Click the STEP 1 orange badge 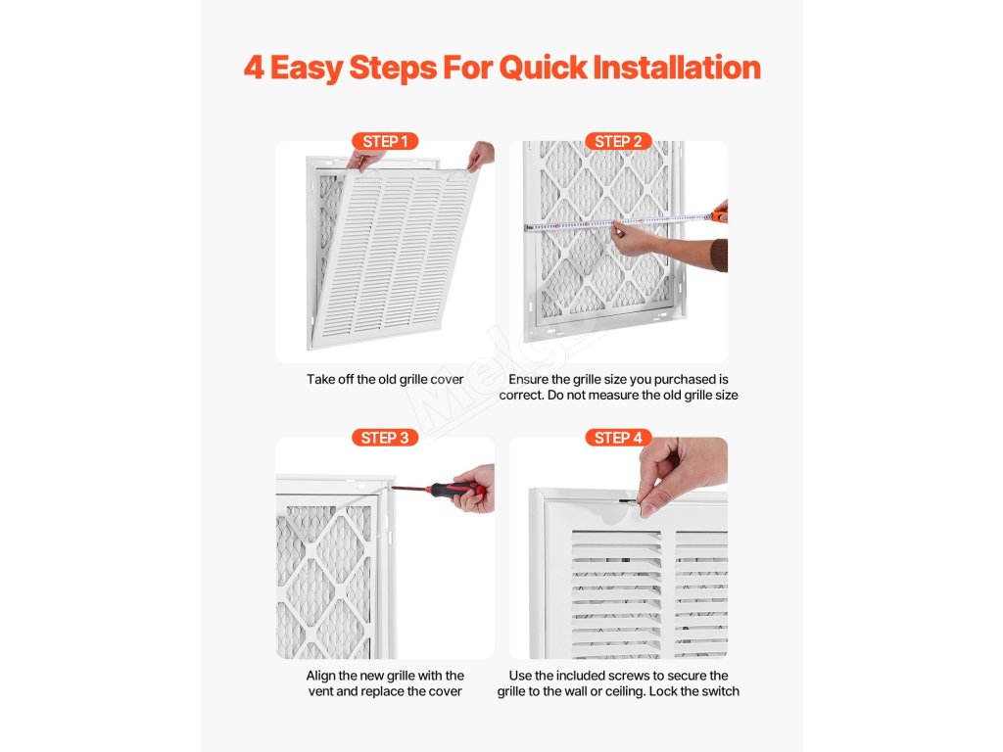(385, 141)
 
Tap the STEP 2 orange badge (619, 141)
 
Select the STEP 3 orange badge (385, 438)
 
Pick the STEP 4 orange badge (619, 438)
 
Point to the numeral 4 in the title (254, 68)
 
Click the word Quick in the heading (543, 68)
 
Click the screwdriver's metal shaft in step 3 (409, 490)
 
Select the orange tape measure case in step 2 (721, 214)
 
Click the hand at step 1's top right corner (481, 156)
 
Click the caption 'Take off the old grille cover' (385, 379)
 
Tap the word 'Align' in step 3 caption (320, 676)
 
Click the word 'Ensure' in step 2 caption (529, 379)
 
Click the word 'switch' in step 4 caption (719, 691)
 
